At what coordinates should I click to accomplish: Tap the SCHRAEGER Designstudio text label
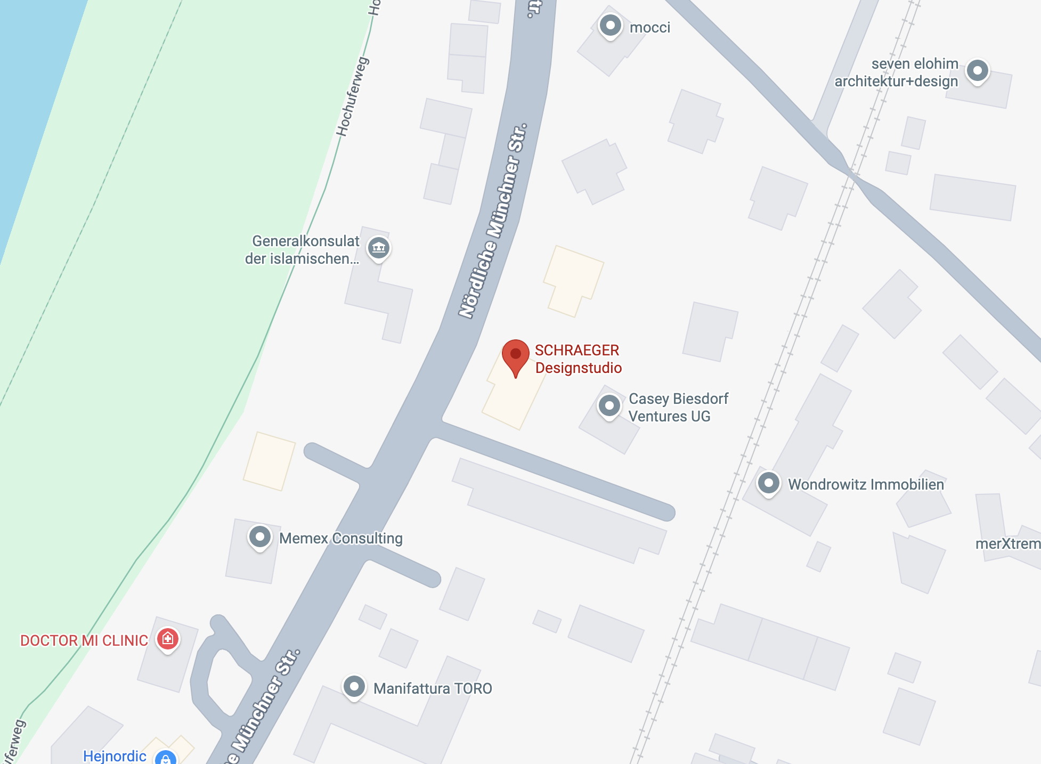(578, 359)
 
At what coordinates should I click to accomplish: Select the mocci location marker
(611, 26)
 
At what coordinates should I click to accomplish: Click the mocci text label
(650, 28)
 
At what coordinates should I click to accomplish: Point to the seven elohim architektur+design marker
(978, 71)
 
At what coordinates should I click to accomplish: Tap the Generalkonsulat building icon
(379, 248)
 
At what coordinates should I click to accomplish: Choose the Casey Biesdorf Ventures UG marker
(609, 406)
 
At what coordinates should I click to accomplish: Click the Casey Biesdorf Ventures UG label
(678, 408)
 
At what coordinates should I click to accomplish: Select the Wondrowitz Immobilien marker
(769, 483)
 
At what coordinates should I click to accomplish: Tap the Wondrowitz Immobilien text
(866, 484)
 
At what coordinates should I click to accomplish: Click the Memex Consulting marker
(260, 537)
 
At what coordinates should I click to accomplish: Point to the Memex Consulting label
(341, 538)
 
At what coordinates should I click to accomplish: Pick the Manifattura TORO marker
(354, 687)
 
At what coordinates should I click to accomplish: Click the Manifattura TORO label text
(433, 688)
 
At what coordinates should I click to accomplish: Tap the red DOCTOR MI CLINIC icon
(168, 638)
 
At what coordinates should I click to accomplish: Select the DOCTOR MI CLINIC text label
(84, 640)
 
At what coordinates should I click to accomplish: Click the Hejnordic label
(115, 756)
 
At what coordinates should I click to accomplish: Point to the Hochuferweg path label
(353, 96)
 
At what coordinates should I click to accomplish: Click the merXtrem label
(1007, 543)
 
